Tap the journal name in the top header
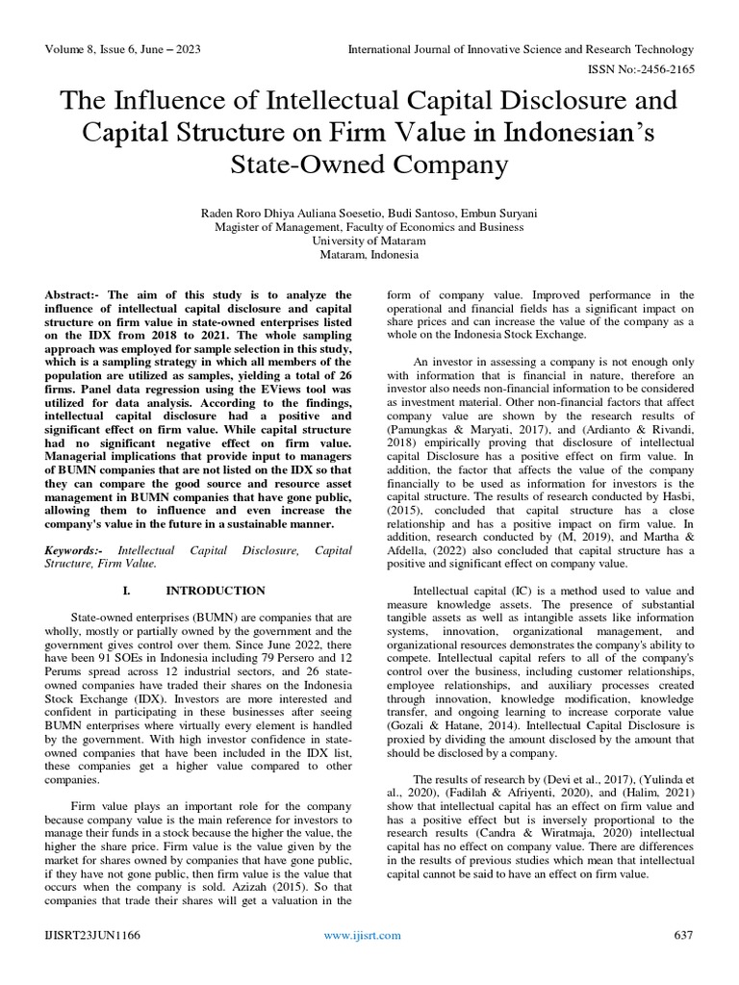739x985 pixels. click(520, 49)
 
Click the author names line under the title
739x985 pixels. click(369, 214)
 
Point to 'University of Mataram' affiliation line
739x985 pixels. click(369, 241)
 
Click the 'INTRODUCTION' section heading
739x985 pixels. click(216, 590)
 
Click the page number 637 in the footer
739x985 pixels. click(683, 934)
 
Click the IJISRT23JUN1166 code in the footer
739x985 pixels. click(91, 934)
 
